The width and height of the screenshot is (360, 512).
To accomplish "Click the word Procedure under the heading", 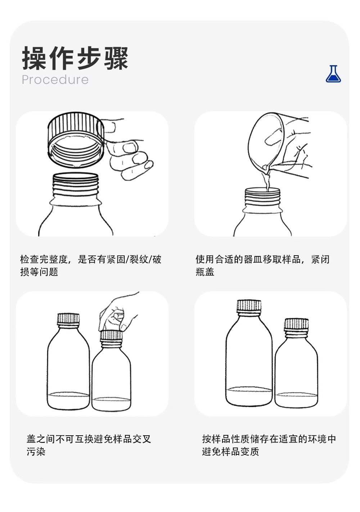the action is tap(55, 80).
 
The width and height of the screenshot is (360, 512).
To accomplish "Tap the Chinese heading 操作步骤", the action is tap(75, 58).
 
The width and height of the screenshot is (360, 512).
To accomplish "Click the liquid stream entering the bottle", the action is tap(267, 183).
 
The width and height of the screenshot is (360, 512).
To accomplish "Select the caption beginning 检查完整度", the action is tap(91, 266).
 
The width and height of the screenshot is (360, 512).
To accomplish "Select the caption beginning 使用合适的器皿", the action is tap(263, 266).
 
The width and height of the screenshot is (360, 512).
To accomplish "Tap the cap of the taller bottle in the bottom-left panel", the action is tap(68, 319).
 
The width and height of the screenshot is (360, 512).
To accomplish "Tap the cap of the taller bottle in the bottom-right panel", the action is tap(249, 306).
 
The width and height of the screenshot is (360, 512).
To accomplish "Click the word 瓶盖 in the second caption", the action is tap(205, 272).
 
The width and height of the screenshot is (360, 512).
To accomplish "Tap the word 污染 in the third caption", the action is tap(36, 452).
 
